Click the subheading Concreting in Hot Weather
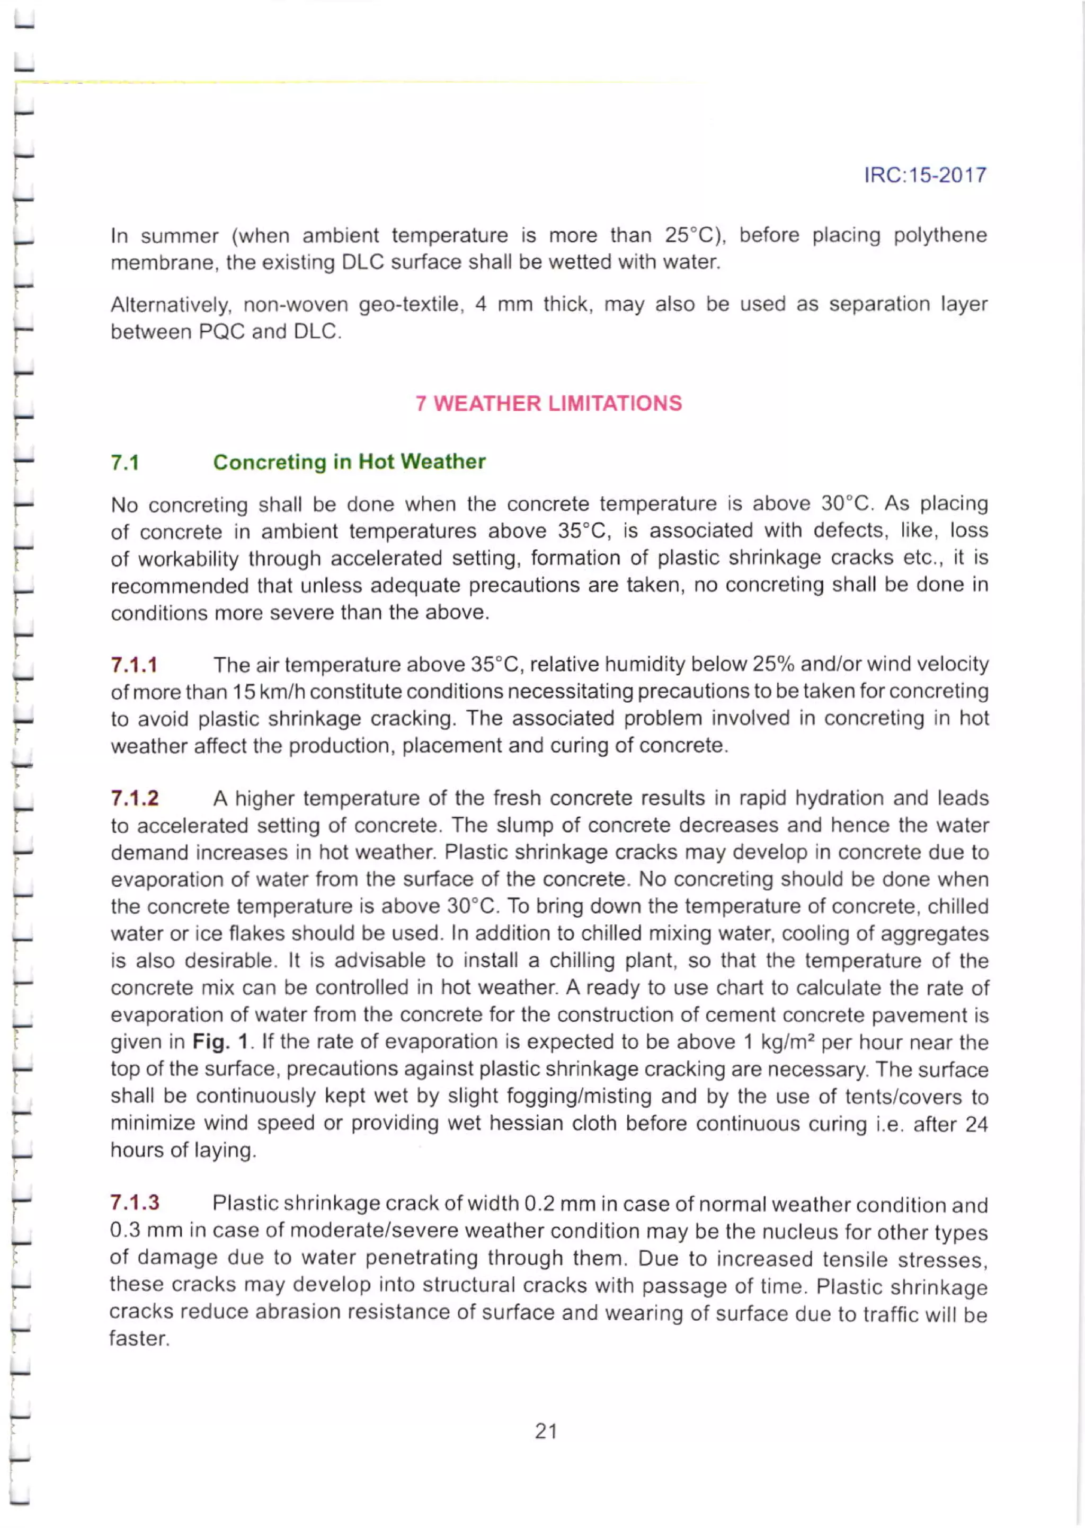[349, 462]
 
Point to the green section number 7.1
[125, 463]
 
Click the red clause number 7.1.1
[134, 665]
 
